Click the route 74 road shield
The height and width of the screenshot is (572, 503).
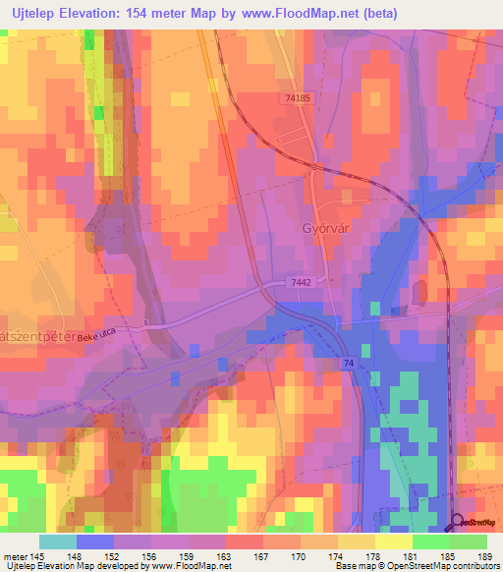[349, 363]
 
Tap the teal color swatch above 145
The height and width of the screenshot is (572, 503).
[58, 542]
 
